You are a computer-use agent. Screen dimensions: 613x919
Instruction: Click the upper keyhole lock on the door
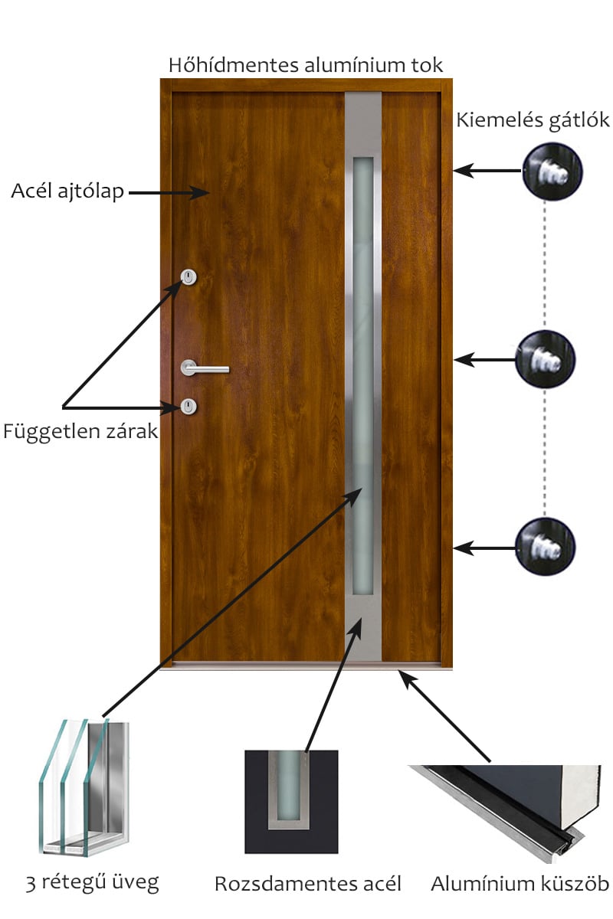[188, 277]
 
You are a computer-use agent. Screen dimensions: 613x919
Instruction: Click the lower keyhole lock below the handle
[188, 407]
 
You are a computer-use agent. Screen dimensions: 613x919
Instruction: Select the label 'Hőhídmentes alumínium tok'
[306, 65]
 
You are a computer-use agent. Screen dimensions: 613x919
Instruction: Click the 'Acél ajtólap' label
[67, 191]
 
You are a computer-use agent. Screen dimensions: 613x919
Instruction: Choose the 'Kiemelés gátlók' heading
[533, 121]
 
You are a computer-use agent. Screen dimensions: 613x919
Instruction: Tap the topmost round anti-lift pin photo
[552, 172]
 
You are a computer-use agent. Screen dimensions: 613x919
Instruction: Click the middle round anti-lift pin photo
[546, 359]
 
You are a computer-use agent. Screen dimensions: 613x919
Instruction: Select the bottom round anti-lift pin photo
[546, 547]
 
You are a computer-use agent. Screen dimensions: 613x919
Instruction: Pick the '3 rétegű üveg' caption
[93, 883]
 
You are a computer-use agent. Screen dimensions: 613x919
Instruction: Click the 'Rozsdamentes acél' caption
[307, 884]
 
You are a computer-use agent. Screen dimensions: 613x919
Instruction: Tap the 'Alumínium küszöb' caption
[520, 884]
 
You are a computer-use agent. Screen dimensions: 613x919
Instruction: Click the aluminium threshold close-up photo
[505, 814]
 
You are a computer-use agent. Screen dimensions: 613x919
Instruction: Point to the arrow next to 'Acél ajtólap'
[169, 192]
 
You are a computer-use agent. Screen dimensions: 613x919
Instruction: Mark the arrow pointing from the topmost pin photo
[488, 170]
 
